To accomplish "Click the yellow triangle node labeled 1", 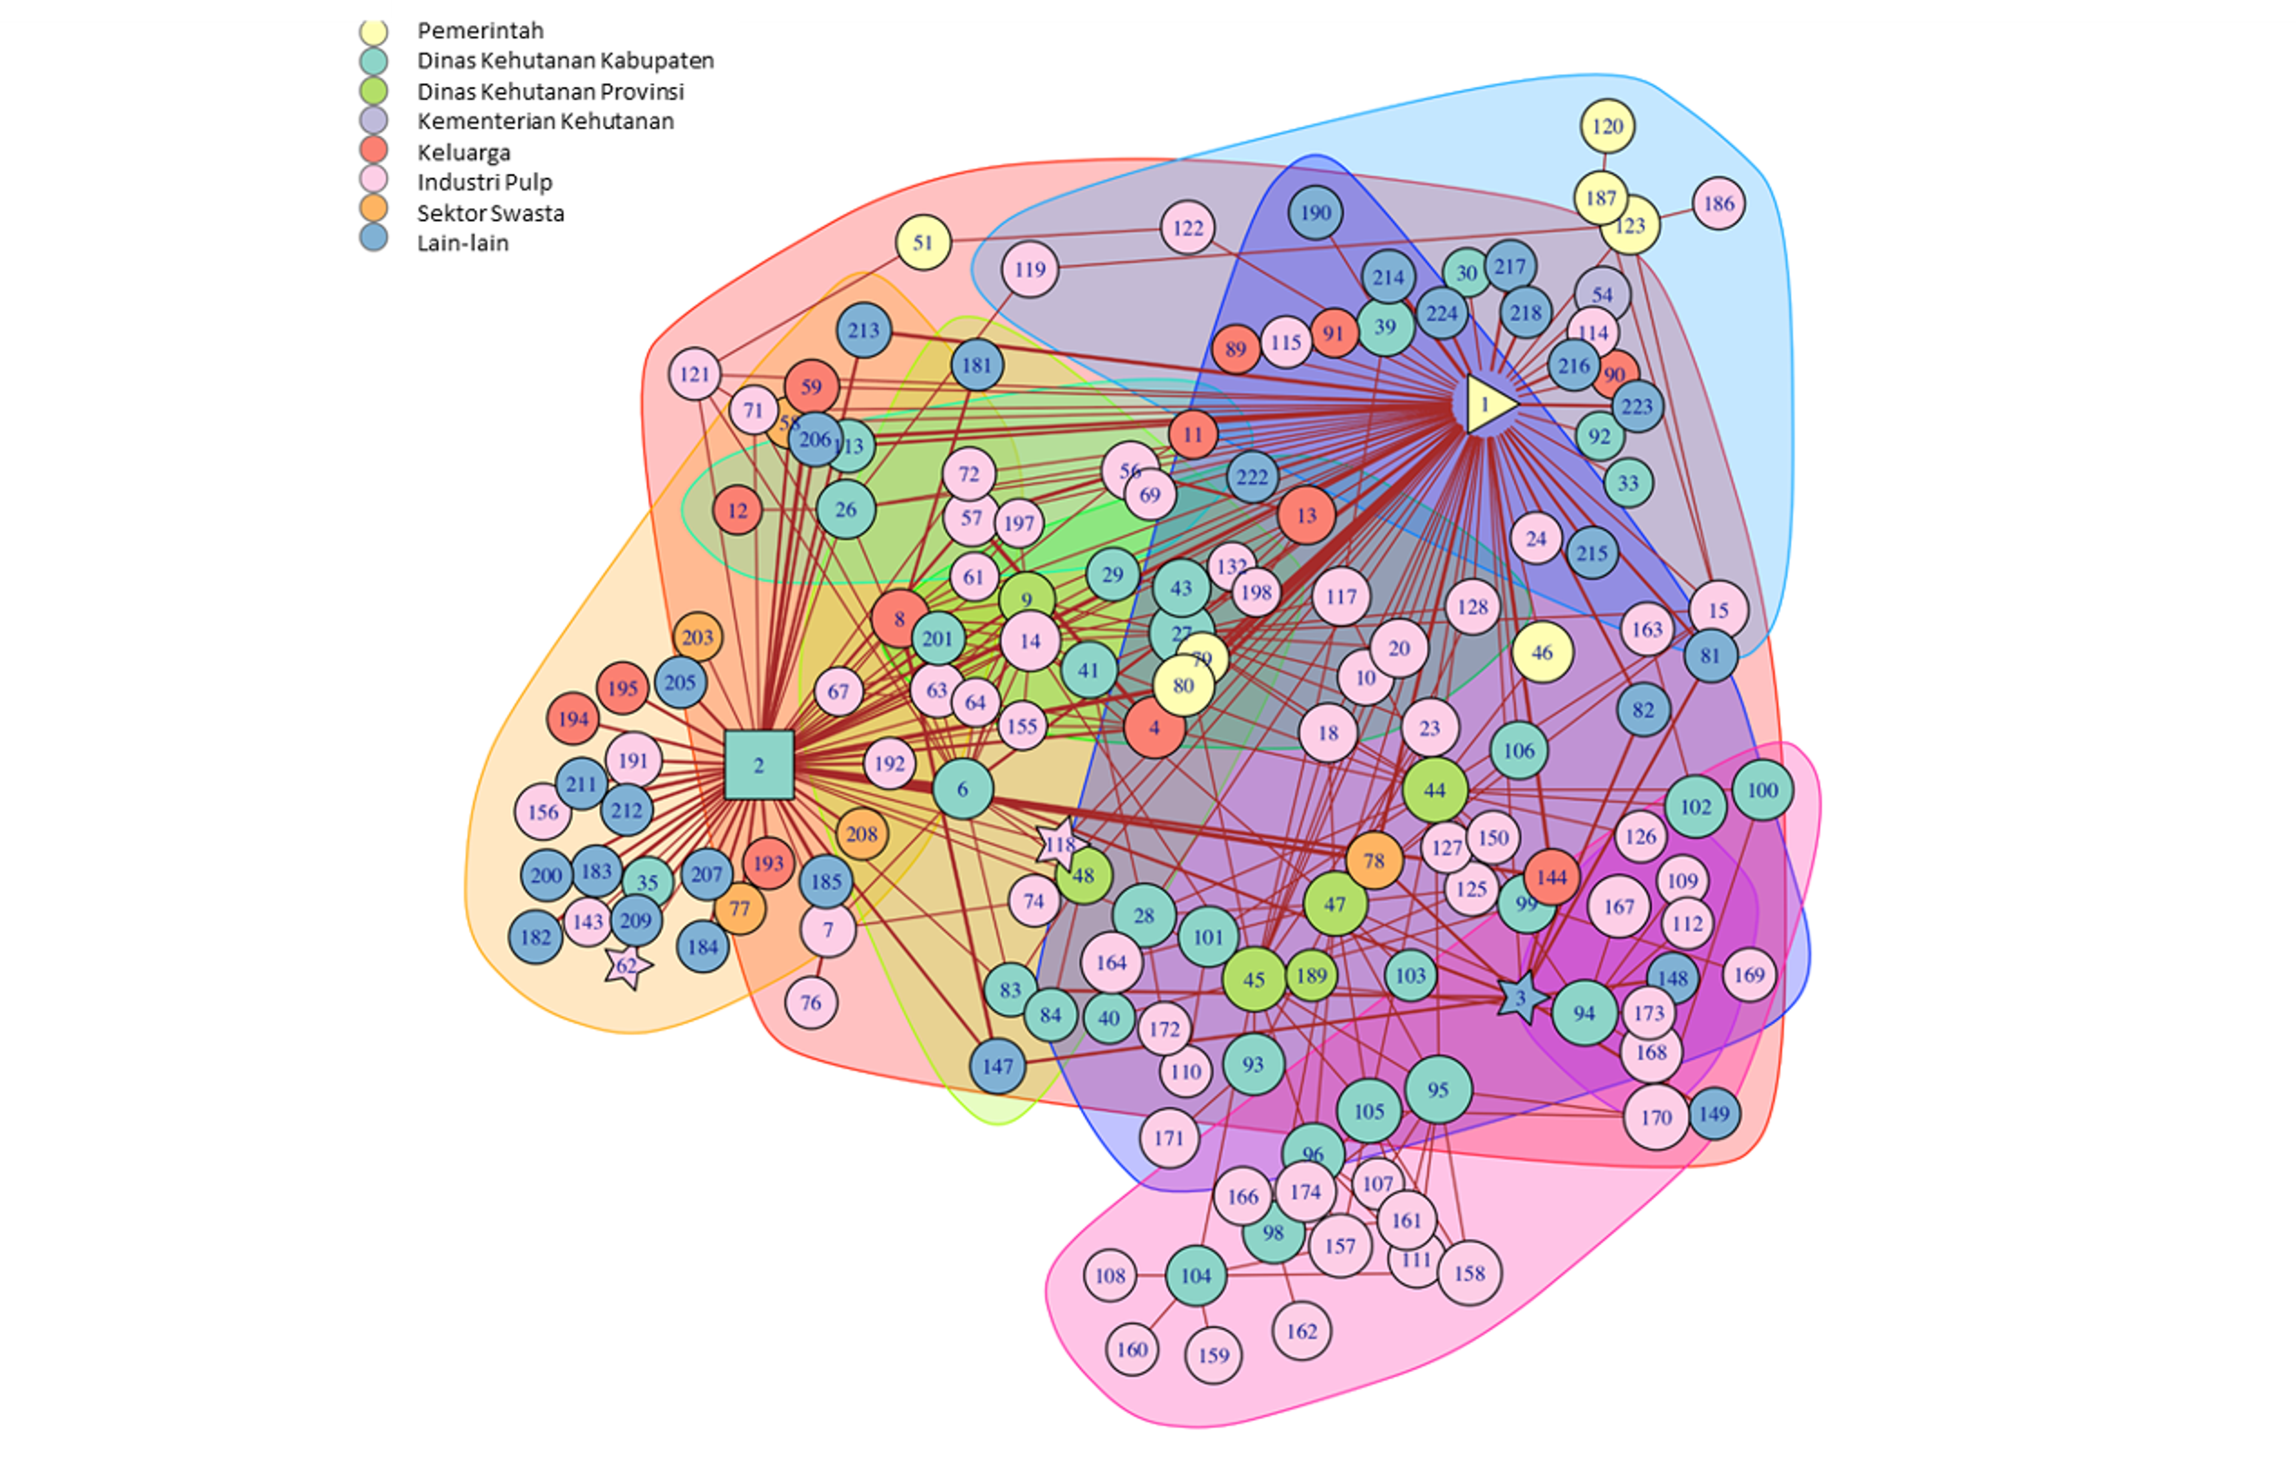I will pyautogui.click(x=1486, y=404).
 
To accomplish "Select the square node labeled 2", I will pyautogui.click(x=759, y=765).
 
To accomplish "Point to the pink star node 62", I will pyautogui.click(x=627, y=966).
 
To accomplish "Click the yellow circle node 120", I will pyautogui.click(x=1608, y=126).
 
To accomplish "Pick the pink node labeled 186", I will pyautogui.click(x=1718, y=203).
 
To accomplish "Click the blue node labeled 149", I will pyautogui.click(x=1714, y=1113).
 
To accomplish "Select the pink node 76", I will pyautogui.click(x=811, y=1002).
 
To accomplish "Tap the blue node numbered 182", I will pyautogui.click(x=536, y=937).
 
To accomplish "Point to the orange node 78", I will pyautogui.click(x=1374, y=860).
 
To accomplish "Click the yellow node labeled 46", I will pyautogui.click(x=1542, y=653).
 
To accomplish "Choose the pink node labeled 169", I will pyautogui.click(x=1749, y=974).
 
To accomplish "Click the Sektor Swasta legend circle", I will pyautogui.click(x=374, y=211).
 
